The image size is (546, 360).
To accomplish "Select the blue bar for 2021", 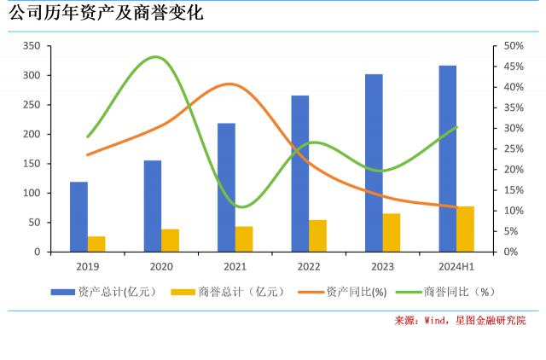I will tap(226, 188).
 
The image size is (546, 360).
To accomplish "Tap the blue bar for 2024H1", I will tap(447, 159).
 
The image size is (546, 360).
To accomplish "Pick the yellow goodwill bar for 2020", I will tap(171, 241).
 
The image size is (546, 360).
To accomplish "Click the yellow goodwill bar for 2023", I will tap(392, 233).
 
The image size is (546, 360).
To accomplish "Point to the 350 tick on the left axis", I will tap(31, 46).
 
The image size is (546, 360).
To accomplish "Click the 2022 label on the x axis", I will tap(309, 267).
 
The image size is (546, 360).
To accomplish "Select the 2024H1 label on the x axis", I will tap(456, 267).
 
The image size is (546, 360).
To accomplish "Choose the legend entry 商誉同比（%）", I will tap(464, 292).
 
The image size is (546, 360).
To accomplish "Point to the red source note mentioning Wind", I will tap(460, 321).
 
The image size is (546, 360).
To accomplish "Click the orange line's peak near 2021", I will tap(229, 84).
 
